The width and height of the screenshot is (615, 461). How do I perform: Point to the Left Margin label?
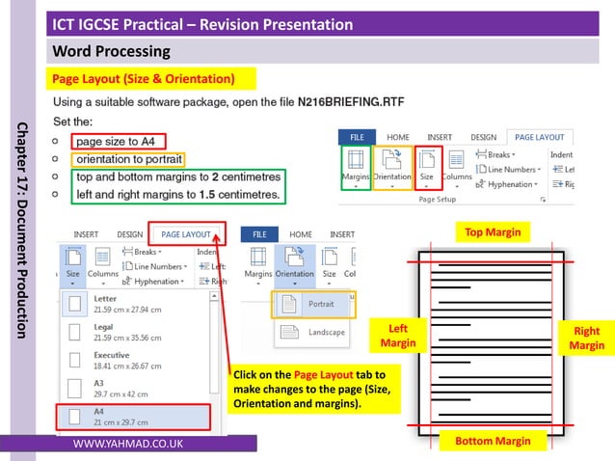tap(397, 336)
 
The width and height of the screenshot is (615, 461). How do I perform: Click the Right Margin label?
tap(586, 338)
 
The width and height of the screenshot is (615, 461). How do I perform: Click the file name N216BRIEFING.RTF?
tap(351, 100)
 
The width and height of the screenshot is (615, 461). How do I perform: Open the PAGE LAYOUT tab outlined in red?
tap(186, 234)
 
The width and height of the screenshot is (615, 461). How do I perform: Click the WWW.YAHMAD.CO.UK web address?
tap(127, 444)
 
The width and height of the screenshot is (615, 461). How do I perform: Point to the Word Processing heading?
tap(111, 51)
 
